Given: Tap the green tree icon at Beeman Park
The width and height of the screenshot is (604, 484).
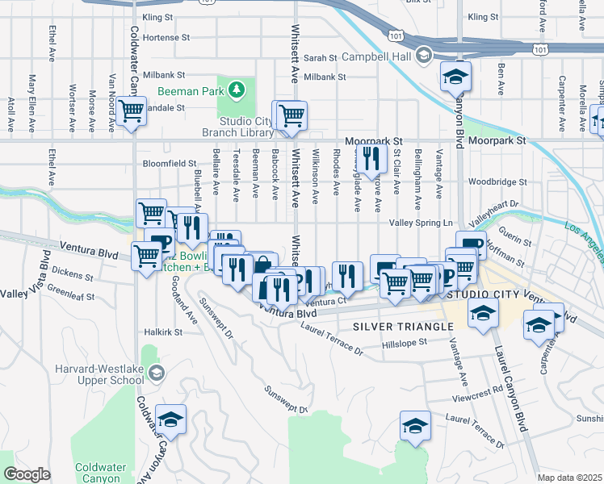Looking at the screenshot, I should tap(237, 90).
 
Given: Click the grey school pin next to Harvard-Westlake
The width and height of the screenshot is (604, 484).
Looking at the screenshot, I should tap(157, 372).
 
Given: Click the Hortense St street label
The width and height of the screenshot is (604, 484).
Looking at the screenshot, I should tap(166, 37).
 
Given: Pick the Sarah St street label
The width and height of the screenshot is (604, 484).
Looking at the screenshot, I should tap(321, 58).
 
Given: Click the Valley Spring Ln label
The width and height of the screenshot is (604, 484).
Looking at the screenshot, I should tap(418, 223).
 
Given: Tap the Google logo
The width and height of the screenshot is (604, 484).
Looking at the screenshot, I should tap(27, 475).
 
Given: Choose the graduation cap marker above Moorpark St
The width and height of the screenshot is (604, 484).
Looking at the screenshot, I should tap(455, 77).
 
